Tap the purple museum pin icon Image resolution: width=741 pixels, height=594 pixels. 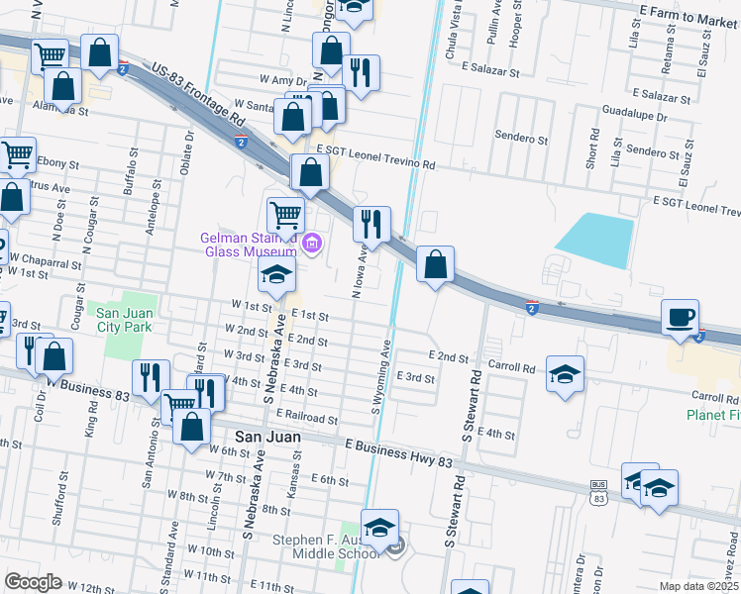click(313, 243)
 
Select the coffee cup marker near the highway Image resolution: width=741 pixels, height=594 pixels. click(681, 318)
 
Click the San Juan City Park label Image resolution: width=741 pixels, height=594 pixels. click(125, 320)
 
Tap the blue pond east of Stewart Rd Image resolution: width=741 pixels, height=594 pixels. click(594, 240)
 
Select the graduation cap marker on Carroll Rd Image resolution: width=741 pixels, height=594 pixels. click(565, 374)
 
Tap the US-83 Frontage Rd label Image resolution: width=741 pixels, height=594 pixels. click(199, 95)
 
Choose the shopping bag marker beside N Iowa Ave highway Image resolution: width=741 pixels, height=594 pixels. click(435, 266)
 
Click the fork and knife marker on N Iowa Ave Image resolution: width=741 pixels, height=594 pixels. click(372, 225)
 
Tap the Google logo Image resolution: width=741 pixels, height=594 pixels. click(33, 581)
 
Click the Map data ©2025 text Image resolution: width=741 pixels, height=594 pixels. click(699, 586)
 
